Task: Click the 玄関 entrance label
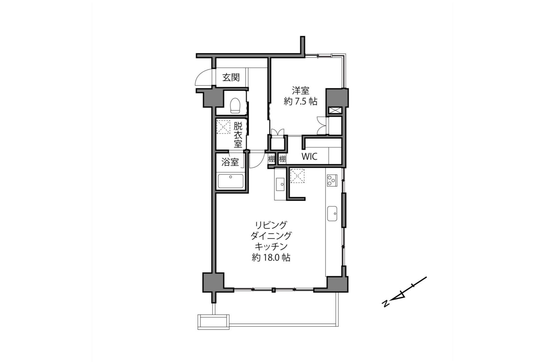tap(231, 77)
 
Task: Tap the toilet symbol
tap(235, 105)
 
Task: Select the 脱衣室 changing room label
tap(238, 135)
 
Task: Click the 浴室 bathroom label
tap(230, 162)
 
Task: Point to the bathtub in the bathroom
tap(230, 181)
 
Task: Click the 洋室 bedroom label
tap(300, 91)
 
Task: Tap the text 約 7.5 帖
tap(300, 101)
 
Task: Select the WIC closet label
tap(309, 156)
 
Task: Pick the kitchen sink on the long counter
tap(332, 213)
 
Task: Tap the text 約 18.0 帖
tap(271, 258)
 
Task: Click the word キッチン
tap(271, 246)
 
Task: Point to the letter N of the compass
tap(386, 304)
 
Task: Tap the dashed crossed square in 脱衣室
tap(223, 127)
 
